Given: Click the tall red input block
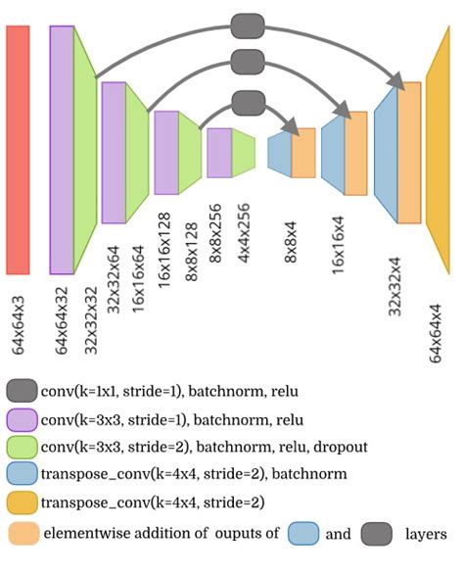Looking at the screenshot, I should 18,149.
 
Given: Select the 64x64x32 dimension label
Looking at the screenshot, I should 63,318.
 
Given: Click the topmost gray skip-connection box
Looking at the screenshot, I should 249,24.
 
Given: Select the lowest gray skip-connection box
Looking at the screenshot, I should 249,101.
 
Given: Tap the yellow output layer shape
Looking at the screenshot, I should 438,149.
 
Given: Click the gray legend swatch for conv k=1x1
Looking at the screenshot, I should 22,391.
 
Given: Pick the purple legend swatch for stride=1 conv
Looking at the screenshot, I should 22,419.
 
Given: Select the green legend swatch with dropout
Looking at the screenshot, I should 22,448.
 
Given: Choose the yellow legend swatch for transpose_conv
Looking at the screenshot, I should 22,504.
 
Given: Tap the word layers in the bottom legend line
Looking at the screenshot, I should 427,535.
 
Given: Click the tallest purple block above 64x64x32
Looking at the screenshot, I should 62,149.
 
